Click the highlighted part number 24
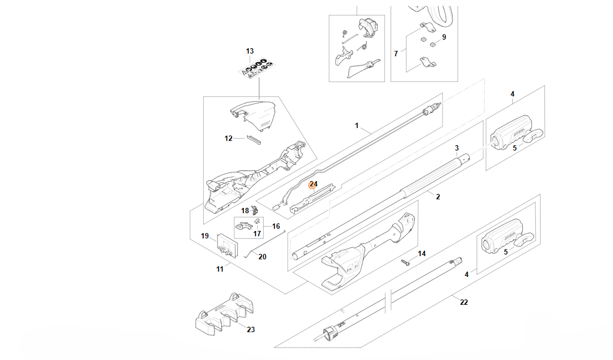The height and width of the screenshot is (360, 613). [313, 184]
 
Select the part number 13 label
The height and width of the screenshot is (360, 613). [250, 51]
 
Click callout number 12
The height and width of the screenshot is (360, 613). [228, 139]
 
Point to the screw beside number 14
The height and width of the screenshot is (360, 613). [405, 262]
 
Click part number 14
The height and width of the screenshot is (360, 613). [422, 253]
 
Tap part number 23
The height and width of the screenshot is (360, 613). [251, 330]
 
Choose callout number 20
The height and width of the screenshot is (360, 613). [262, 257]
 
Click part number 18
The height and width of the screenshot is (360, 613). [245, 211]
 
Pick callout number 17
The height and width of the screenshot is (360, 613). [257, 234]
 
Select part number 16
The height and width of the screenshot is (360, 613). [276, 227]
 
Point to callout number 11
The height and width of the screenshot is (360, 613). [220, 269]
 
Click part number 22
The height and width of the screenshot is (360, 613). [464, 303]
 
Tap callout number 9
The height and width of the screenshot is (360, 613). [444, 37]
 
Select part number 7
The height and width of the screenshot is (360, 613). [396, 54]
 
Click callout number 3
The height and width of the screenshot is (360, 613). [457, 148]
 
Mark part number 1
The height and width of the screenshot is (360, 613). [357, 126]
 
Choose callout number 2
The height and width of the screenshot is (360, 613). [438, 197]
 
